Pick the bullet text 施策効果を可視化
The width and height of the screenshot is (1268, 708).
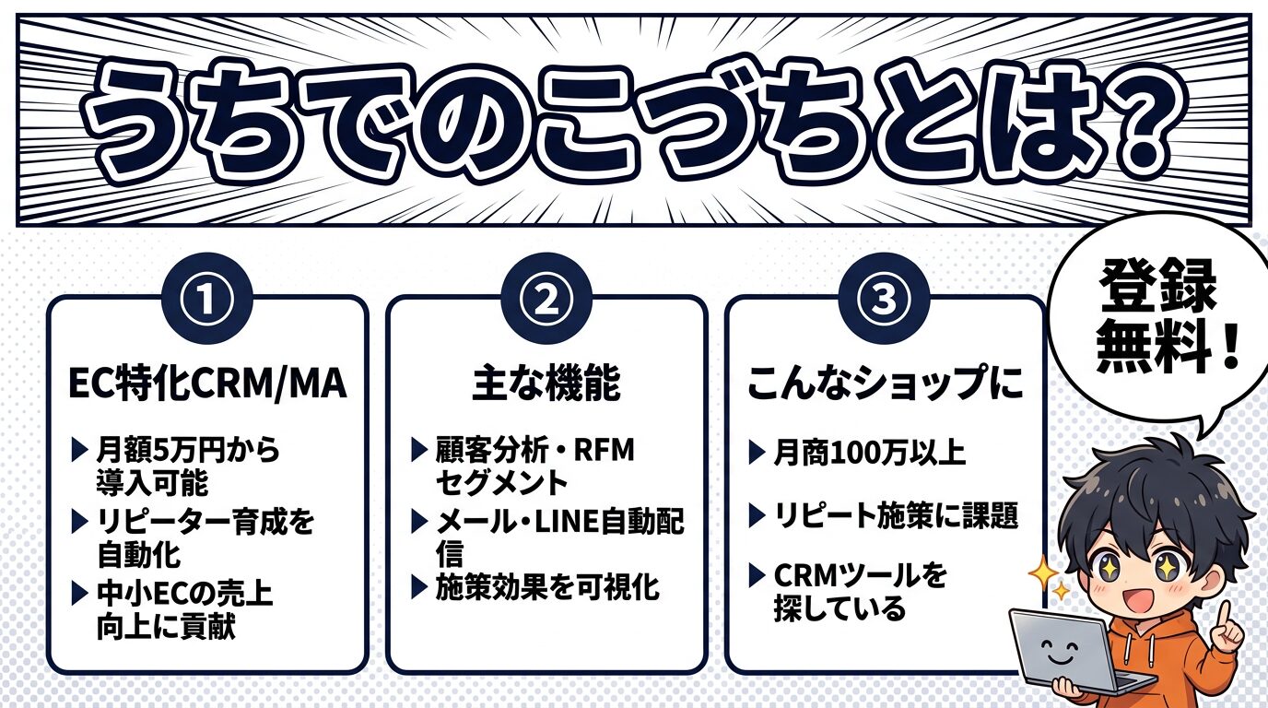(547, 588)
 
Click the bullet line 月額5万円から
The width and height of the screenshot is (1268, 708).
(188, 452)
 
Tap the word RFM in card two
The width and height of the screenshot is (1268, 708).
(604, 452)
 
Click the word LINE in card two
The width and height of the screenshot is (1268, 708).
(566, 524)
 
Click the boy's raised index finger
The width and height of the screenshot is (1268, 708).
(1225, 614)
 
